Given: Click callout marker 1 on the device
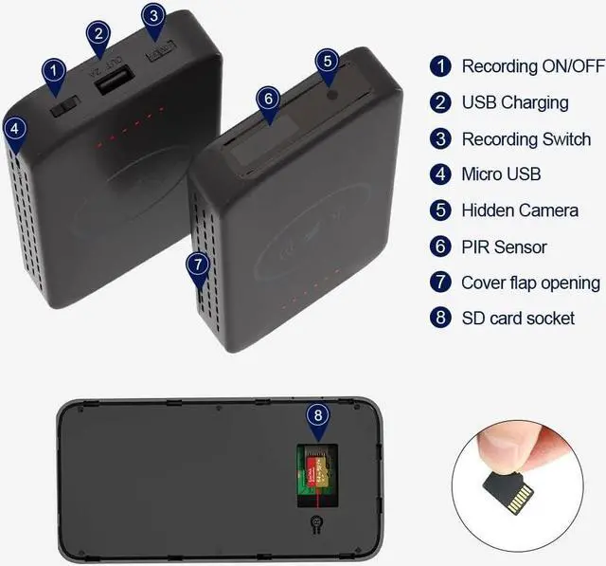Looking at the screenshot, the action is click(x=54, y=69).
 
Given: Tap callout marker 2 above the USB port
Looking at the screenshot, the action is click(x=98, y=34).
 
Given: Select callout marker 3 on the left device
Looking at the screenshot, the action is click(x=153, y=16).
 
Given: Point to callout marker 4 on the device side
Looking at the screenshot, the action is click(x=14, y=127).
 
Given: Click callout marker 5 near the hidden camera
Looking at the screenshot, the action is click(x=326, y=61).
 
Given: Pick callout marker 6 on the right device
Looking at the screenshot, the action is click(x=268, y=98).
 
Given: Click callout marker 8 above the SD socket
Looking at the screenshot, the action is click(x=318, y=414).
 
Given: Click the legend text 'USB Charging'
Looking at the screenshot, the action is click(x=514, y=102).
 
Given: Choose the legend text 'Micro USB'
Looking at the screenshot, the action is click(x=501, y=174).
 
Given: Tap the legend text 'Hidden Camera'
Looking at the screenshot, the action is click(x=519, y=210).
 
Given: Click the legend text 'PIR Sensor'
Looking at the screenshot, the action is click(x=504, y=246).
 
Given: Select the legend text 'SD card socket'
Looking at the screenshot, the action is click(x=518, y=319).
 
